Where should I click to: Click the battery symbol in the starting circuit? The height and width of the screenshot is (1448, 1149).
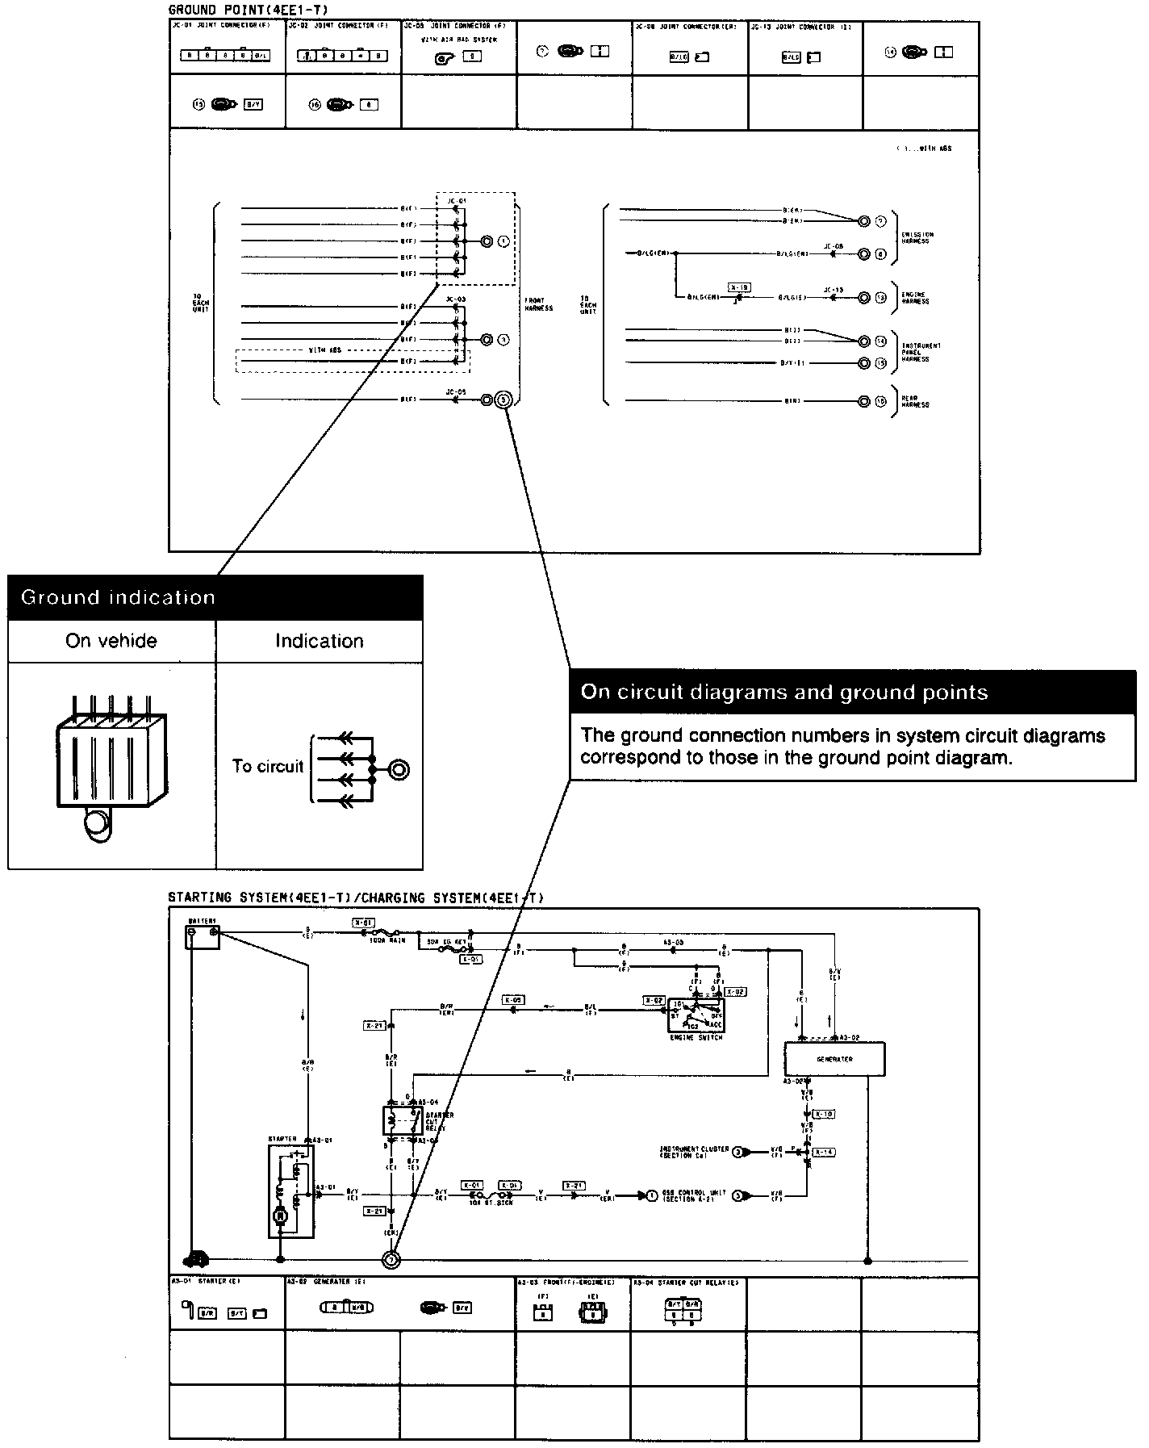203,937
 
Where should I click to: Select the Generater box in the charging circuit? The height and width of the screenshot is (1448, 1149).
834,1058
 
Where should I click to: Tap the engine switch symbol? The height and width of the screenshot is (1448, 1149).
695,1015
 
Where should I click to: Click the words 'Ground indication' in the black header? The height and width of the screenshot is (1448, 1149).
118,597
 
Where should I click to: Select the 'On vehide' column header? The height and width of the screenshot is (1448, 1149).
111,641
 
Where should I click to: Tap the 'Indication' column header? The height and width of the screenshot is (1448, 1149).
319,641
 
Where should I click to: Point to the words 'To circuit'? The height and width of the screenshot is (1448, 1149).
267,766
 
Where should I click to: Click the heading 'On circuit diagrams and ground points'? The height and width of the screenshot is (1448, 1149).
783,692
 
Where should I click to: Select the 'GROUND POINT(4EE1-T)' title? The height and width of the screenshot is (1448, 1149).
248,10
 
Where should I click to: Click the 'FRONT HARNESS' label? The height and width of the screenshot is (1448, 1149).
539,304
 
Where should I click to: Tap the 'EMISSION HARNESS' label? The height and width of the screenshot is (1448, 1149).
917,237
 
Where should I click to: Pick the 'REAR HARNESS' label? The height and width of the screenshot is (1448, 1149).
915,401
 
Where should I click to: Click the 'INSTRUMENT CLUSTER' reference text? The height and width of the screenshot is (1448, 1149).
694,1152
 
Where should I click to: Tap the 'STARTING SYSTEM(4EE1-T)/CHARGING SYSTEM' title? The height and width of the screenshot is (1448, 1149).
356,897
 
